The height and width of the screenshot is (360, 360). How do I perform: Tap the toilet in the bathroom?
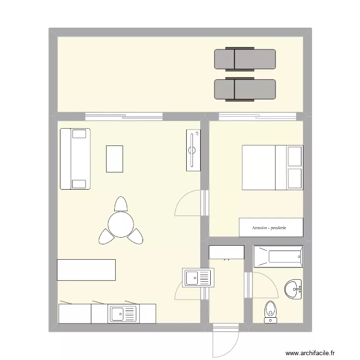271,312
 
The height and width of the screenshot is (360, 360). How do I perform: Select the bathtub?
278,257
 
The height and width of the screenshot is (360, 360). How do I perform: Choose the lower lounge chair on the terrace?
245,89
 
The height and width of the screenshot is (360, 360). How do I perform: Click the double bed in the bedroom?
271,168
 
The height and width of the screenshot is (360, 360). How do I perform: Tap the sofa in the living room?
75,158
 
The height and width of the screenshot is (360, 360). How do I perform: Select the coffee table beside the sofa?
114,158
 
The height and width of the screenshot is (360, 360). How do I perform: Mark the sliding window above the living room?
123,116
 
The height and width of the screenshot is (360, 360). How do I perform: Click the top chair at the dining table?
120,204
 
